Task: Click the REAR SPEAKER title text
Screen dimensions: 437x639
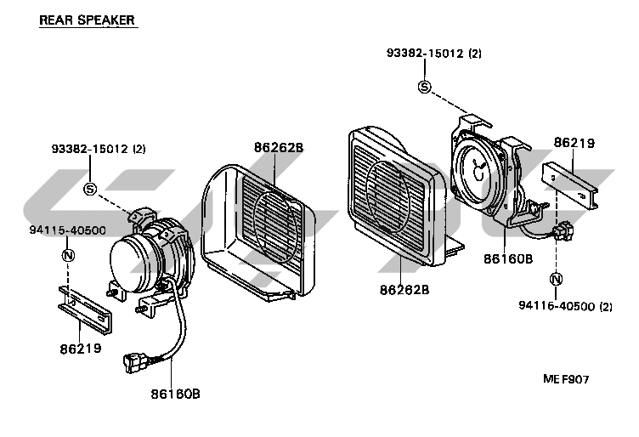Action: tap(87, 20)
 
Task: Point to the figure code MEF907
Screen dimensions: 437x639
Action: tap(567, 380)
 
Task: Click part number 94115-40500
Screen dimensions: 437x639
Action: tap(67, 230)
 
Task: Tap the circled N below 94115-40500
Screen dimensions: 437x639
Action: tap(68, 254)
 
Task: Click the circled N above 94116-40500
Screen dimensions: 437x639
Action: tap(556, 279)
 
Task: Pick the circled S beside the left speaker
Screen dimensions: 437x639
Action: tap(90, 188)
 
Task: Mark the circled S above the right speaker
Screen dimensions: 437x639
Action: tap(424, 86)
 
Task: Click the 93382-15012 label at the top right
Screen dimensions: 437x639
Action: tap(433, 53)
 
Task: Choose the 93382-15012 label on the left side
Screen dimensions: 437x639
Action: tap(98, 149)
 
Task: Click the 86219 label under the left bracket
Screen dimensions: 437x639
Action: tap(81, 349)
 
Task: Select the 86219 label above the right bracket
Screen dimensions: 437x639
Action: tap(574, 144)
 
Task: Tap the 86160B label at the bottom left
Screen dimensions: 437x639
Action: tap(176, 394)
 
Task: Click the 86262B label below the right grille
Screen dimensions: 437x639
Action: tap(404, 289)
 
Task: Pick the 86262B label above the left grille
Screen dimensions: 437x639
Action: tap(278, 147)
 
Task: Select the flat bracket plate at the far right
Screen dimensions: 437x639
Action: tap(574, 185)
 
